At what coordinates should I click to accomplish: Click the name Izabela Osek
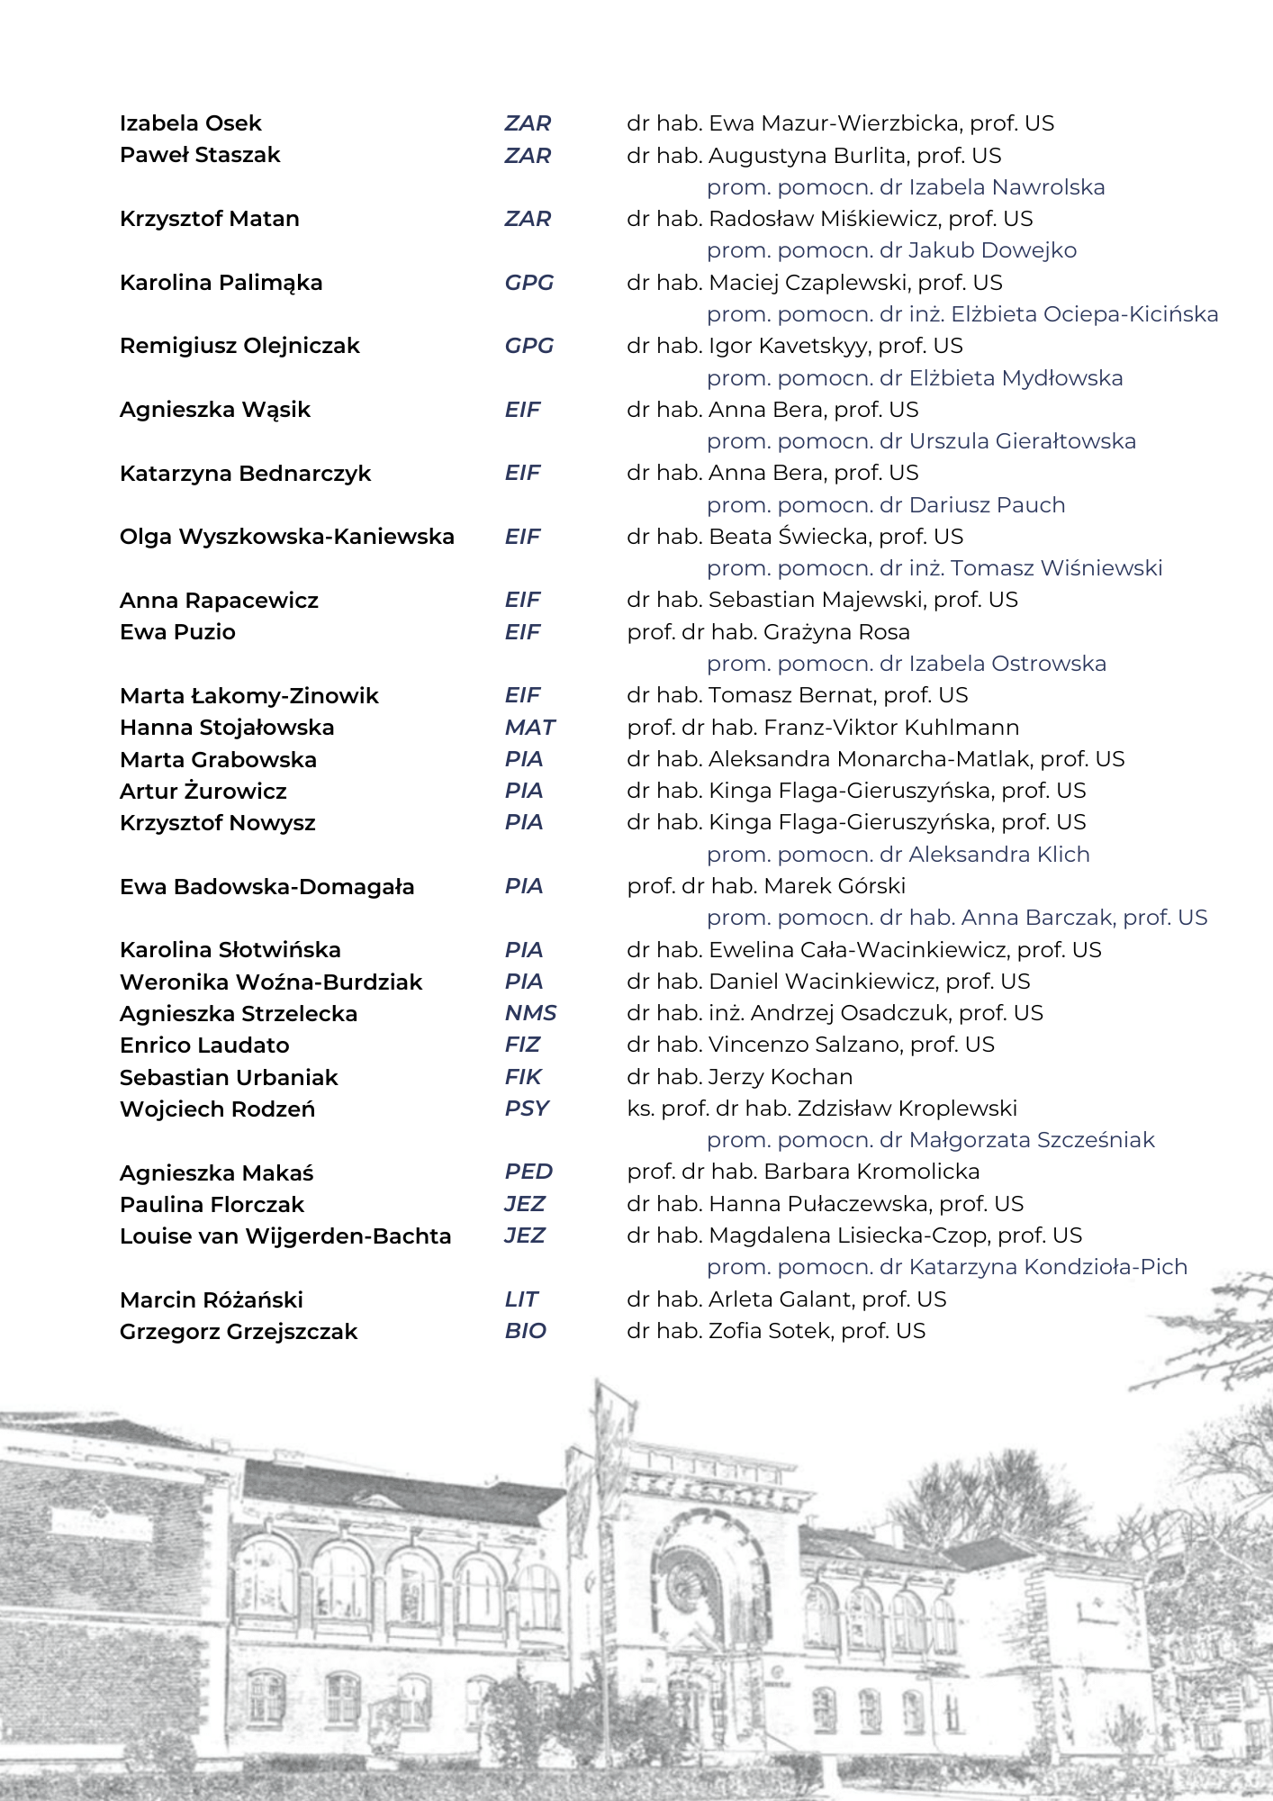pyautogui.click(x=190, y=123)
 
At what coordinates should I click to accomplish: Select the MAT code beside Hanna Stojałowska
pyautogui.click(x=529, y=728)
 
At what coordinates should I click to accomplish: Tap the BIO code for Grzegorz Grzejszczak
pyautogui.click(x=525, y=1331)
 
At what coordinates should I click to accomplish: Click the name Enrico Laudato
pyautogui.click(x=204, y=1045)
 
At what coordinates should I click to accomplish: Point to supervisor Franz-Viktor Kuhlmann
pyautogui.click(x=823, y=728)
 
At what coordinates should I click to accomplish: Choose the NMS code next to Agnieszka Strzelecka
pyautogui.click(x=530, y=1013)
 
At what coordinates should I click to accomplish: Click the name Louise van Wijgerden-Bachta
pyautogui.click(x=285, y=1236)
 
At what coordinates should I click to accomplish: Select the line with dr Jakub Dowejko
pyautogui.click(x=891, y=250)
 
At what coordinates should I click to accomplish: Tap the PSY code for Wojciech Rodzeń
pyautogui.click(x=527, y=1109)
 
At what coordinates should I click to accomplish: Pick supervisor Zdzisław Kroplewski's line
pyautogui.click(x=822, y=1109)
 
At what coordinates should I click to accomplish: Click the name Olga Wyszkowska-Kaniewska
pyautogui.click(x=286, y=537)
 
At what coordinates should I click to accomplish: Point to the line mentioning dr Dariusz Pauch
pyautogui.click(x=886, y=505)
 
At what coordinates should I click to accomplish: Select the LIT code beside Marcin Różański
pyautogui.click(x=521, y=1299)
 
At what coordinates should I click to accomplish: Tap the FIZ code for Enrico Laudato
pyautogui.click(x=522, y=1045)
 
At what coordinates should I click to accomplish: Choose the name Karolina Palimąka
pyautogui.click(x=221, y=283)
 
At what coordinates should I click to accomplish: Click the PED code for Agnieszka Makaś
pyautogui.click(x=528, y=1172)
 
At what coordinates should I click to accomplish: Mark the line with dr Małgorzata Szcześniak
pyautogui.click(x=930, y=1140)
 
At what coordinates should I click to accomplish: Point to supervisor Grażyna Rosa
pyautogui.click(x=768, y=632)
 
